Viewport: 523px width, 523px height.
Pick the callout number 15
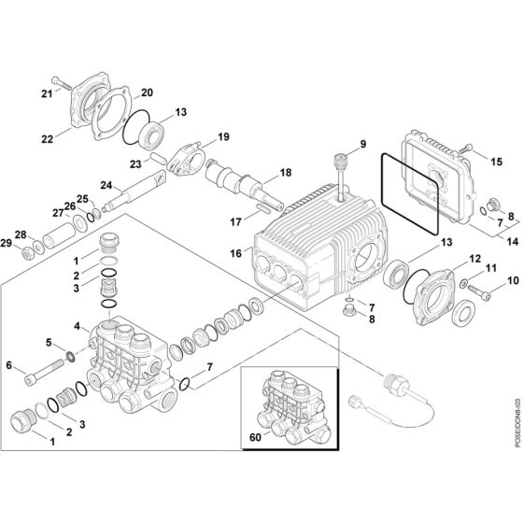click(x=498, y=162)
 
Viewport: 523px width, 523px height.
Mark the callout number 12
click(x=475, y=259)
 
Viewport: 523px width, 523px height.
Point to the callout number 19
click(x=223, y=137)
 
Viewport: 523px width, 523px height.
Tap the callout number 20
click(x=147, y=92)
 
